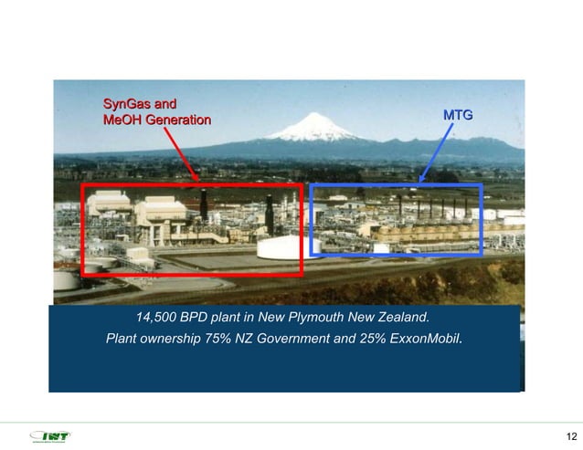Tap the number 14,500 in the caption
coord(155,319)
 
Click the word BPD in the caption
coord(195,319)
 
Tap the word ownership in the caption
coord(180,340)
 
